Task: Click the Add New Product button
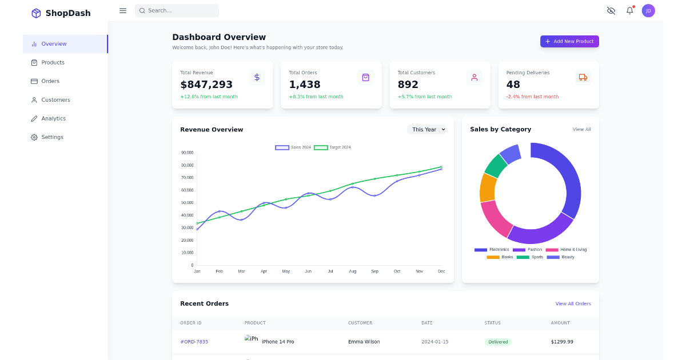point(569,41)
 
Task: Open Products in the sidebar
point(53,62)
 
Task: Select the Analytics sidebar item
point(53,118)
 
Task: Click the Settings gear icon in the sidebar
point(34,137)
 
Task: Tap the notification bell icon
point(629,10)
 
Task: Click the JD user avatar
point(648,10)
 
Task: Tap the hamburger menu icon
point(123,10)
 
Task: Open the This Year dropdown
point(426,130)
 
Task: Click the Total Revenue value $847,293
point(206,85)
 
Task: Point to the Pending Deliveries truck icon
point(583,77)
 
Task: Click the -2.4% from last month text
point(532,97)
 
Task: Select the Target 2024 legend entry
point(333,147)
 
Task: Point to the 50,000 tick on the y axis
point(187,203)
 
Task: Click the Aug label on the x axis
point(352,271)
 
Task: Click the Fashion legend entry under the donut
point(528,250)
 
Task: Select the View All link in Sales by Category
point(581,130)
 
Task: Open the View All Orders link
point(573,303)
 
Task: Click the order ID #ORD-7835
point(194,342)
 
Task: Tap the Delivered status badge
point(497,342)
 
